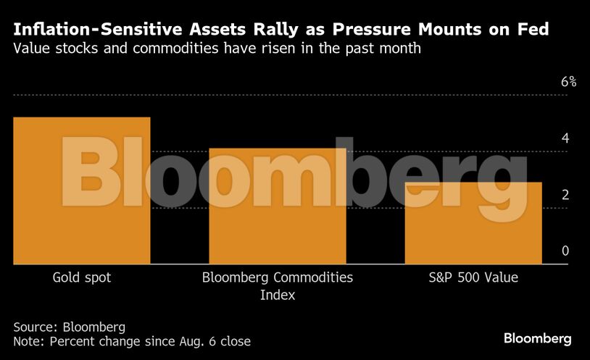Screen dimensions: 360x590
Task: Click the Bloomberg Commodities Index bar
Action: coord(278,206)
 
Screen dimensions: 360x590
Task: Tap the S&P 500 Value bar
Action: coord(473,223)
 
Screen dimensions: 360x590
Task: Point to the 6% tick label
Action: coord(568,82)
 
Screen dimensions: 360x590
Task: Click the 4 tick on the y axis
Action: coord(565,138)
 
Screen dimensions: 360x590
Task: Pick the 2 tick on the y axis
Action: coord(565,195)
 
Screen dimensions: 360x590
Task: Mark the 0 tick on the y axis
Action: coord(565,251)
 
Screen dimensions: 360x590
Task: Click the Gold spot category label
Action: coord(82,277)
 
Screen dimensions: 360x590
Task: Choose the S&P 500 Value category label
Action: coord(473,277)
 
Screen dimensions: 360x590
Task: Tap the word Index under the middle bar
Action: coord(278,295)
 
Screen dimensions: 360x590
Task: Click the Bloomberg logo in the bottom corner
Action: coord(538,339)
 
